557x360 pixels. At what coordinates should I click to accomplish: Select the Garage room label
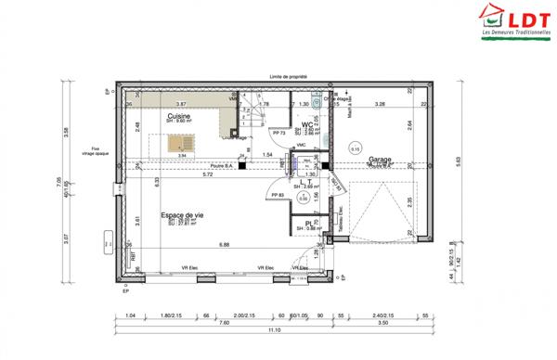(x=380, y=160)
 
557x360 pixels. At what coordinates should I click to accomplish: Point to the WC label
(x=305, y=124)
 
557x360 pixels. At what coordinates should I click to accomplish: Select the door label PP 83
(x=278, y=193)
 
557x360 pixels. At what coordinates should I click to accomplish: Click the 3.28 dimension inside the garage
(x=380, y=105)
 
